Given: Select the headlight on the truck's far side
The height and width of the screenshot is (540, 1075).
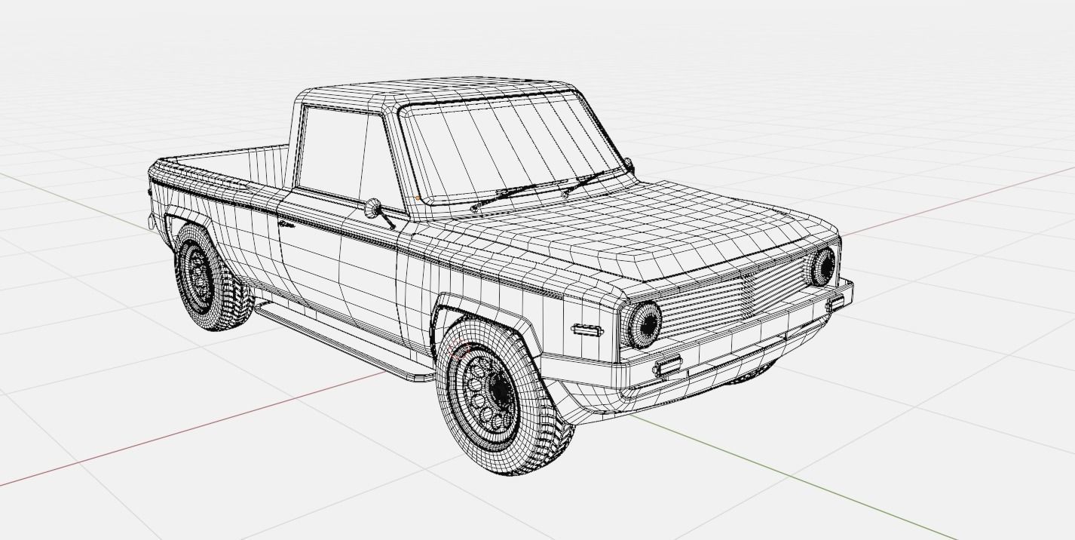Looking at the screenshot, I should [822, 266].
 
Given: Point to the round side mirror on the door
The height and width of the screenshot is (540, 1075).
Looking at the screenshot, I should [372, 208].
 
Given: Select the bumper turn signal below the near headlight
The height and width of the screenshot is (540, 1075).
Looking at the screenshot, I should [666, 367].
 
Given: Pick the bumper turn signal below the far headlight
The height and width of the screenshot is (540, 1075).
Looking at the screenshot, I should [835, 303].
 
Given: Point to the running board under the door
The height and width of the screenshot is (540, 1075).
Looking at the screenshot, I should [339, 339].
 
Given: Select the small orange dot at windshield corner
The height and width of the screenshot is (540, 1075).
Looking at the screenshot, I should [418, 198].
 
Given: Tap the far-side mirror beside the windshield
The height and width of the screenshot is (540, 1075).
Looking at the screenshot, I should [628, 165].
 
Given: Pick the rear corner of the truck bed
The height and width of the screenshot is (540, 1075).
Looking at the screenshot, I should [155, 170].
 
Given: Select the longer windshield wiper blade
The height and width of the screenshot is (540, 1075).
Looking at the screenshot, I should [520, 192].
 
